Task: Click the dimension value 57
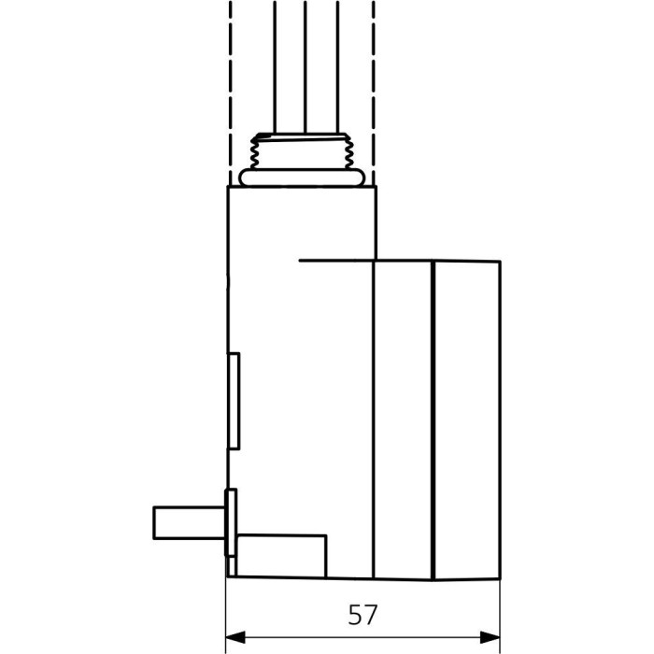[x=363, y=615]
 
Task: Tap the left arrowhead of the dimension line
[x=235, y=637]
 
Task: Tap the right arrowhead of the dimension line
[x=490, y=637]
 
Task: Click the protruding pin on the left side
[x=190, y=522]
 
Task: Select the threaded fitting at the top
[x=302, y=160]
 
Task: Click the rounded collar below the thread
[x=302, y=178]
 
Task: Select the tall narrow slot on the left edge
[x=234, y=401]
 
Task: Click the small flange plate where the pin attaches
[x=231, y=522]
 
